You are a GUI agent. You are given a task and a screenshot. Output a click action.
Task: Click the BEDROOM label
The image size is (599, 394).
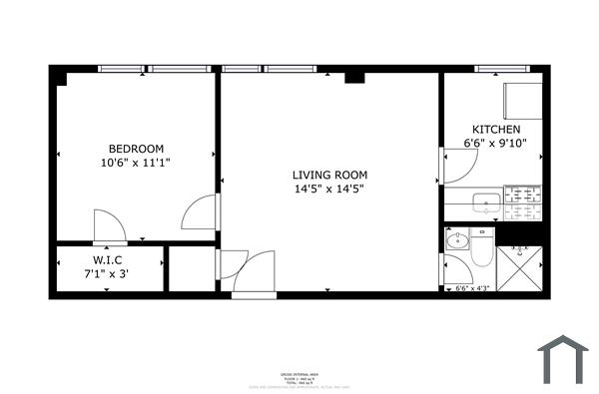click(136, 148)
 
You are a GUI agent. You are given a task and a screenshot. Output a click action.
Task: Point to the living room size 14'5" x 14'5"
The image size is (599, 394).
click(328, 188)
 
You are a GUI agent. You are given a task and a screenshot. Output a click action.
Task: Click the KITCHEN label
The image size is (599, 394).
click(495, 130)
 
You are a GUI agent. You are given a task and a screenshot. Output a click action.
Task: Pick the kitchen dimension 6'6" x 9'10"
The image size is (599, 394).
click(495, 144)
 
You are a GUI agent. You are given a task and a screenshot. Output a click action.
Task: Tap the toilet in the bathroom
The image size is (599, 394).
click(480, 251)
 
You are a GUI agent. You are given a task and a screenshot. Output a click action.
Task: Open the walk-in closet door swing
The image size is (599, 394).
click(108, 226)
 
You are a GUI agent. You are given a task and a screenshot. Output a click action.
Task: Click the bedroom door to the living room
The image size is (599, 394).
click(200, 212)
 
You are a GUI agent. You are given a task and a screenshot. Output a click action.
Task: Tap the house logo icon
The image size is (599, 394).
click(563, 359)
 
